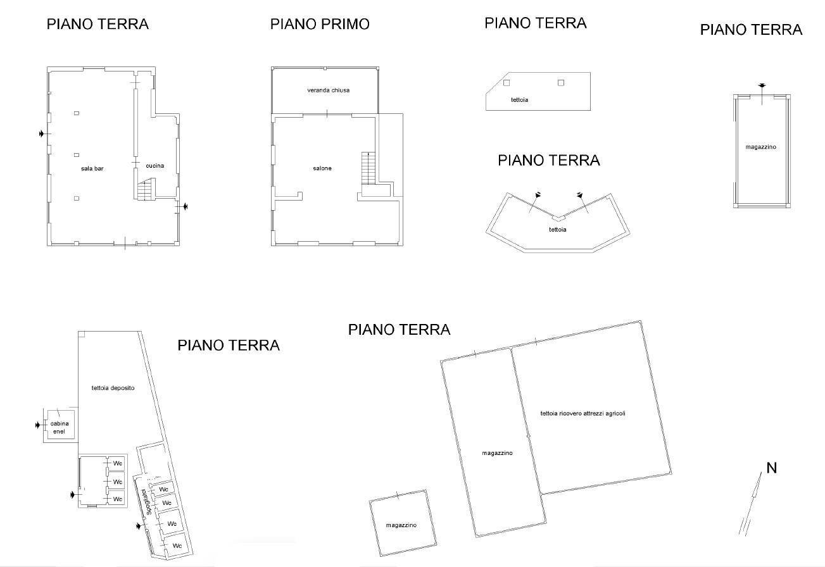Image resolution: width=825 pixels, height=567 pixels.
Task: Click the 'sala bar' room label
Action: coord(92,168)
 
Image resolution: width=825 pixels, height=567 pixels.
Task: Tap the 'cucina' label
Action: coord(154,166)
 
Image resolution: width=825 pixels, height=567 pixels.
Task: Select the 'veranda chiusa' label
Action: coord(329,90)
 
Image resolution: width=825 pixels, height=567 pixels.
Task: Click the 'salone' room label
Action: coord(322,168)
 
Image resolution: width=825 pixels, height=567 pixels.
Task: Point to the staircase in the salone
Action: coord(368,168)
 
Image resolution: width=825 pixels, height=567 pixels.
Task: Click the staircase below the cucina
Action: coord(146,189)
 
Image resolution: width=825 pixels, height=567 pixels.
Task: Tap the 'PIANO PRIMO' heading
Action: coord(320,24)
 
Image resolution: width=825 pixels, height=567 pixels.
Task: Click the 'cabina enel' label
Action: coord(60,428)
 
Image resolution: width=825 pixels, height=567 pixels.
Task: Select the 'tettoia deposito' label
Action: coord(113,388)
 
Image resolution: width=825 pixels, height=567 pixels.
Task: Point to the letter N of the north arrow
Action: coord(772,468)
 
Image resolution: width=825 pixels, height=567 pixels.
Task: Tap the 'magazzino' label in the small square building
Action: coord(401,525)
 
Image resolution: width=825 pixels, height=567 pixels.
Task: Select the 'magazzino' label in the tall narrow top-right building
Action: coord(760,147)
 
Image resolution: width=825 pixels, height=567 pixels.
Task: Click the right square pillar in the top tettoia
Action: coord(560,82)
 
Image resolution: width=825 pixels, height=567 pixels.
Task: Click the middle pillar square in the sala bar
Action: coord(77,155)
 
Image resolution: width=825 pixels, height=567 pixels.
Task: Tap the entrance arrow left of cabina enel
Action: coord(39,425)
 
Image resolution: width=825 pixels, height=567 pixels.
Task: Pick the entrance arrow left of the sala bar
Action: coord(42,134)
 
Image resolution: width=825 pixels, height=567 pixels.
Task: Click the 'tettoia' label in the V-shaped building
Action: coord(558,229)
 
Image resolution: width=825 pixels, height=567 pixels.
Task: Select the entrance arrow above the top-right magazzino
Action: coord(762,86)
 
